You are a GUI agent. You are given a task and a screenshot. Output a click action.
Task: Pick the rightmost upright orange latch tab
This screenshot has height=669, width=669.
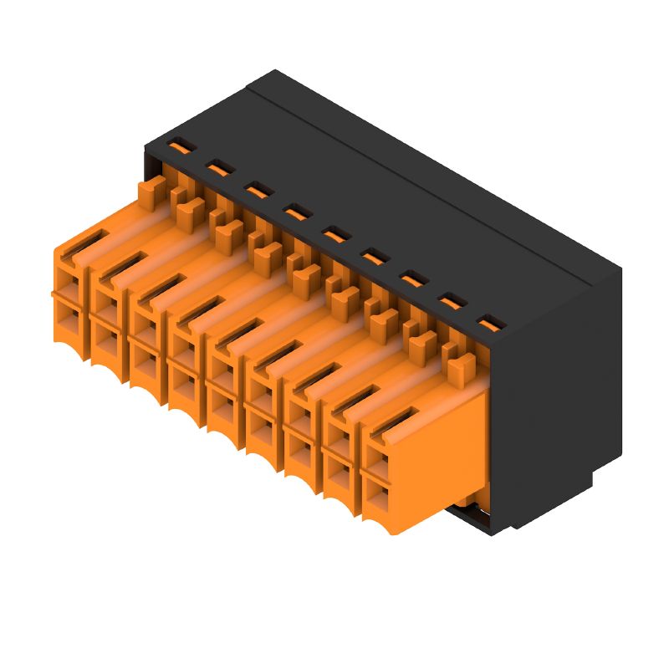pos(457,366)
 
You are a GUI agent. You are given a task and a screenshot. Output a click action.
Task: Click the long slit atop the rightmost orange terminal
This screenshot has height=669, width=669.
pos(393,422)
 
